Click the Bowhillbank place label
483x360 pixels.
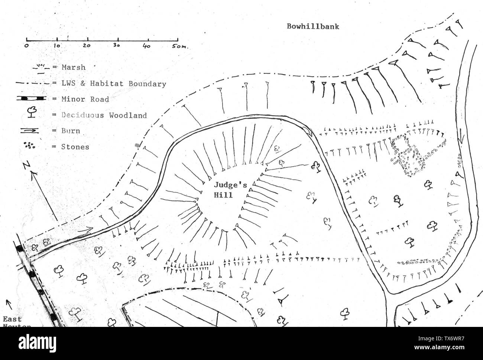(313, 27)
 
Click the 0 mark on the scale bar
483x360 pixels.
(26, 46)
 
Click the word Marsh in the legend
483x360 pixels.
(74, 67)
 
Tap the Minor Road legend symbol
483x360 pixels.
(31, 99)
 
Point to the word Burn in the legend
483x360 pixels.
(71, 131)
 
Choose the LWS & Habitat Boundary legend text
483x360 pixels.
(114, 84)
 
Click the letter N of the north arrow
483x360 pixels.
(25, 166)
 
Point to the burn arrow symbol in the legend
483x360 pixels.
(31, 131)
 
